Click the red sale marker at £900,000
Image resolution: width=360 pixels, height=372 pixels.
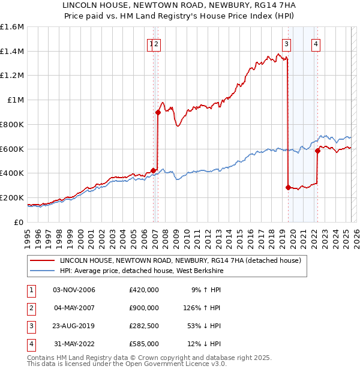click(x=158, y=112)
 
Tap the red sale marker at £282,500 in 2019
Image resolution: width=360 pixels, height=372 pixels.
click(x=288, y=187)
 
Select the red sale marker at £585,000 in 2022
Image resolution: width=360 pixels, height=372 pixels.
click(x=317, y=151)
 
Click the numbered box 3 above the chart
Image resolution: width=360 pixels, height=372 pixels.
click(x=287, y=43)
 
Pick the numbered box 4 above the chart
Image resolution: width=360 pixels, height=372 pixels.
click(x=316, y=43)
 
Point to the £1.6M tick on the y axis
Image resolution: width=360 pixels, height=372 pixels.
click(x=12, y=27)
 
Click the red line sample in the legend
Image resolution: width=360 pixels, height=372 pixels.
click(x=42, y=260)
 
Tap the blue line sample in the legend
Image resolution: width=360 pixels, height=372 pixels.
click(x=42, y=271)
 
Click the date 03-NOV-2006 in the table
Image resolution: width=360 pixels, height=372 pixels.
click(x=74, y=290)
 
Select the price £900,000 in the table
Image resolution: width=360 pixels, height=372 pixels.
click(x=143, y=308)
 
